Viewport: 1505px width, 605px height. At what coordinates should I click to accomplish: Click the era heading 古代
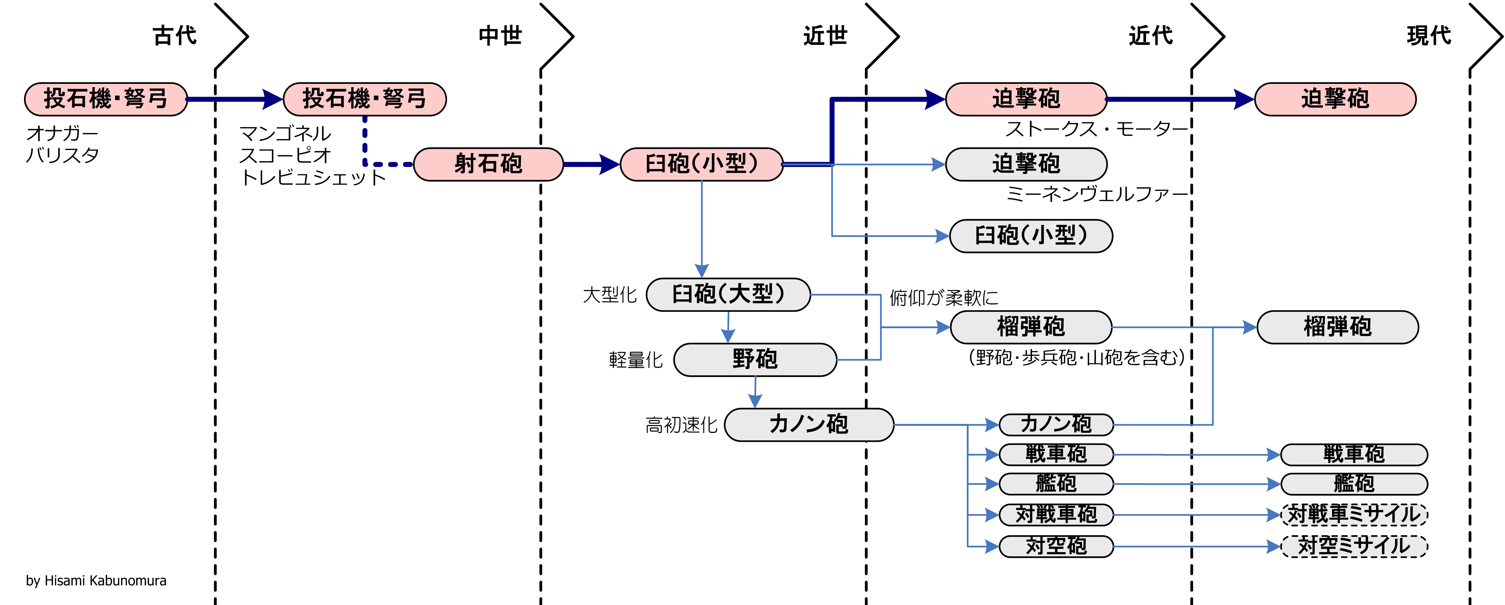click(x=175, y=36)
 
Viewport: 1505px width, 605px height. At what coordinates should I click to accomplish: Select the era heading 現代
click(x=1428, y=36)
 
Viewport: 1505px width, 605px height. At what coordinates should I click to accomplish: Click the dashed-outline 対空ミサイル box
click(x=1354, y=546)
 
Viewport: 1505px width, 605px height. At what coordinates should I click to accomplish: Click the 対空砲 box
click(x=1056, y=546)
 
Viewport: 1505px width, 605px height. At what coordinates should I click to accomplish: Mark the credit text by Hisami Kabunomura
click(x=96, y=580)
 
